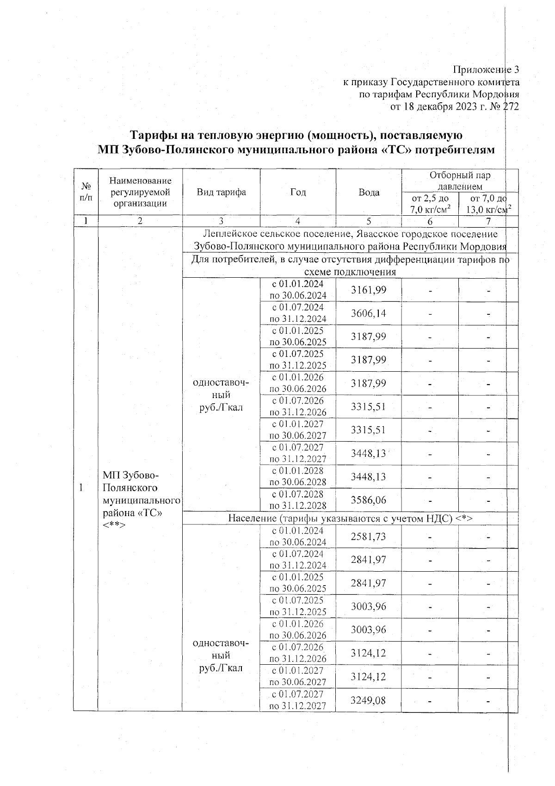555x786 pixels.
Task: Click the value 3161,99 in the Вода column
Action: [x=369, y=290]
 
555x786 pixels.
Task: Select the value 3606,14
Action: [x=369, y=313]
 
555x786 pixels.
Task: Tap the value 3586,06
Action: [x=369, y=500]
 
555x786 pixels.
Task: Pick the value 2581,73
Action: [x=369, y=536]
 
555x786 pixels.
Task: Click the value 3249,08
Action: [x=369, y=700]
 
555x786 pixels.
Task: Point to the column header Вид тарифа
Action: [x=221, y=192]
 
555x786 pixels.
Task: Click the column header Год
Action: [x=298, y=192]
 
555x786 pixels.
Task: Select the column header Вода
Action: [x=369, y=192]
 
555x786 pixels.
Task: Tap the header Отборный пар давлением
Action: [x=459, y=181]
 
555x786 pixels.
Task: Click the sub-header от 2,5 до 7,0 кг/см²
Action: [x=430, y=204]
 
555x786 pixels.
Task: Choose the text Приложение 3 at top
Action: [x=486, y=70]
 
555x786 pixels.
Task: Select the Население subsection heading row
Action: [x=350, y=518]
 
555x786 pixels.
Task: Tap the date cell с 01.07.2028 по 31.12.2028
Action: [x=298, y=500]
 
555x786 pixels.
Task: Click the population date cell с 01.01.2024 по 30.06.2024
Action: [x=298, y=536]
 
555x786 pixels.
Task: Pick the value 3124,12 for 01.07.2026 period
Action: [x=369, y=653]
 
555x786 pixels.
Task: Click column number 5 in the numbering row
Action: [x=369, y=221]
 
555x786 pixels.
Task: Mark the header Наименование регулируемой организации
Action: [x=140, y=192]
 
